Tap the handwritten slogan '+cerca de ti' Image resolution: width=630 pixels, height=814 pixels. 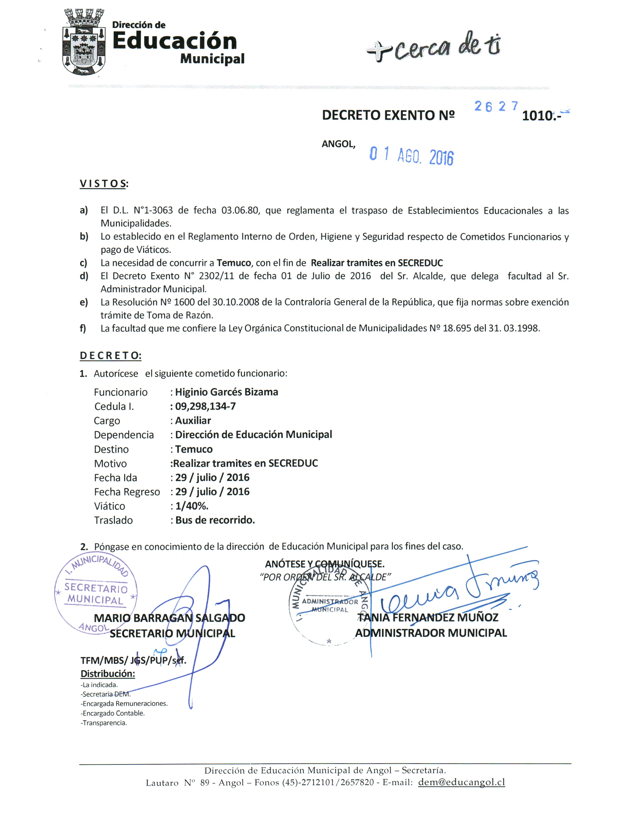point(434,48)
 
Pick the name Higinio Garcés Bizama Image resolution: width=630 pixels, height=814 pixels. point(226,392)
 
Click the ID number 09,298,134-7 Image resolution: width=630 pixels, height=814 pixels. point(205,406)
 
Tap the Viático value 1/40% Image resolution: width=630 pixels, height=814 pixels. point(192,506)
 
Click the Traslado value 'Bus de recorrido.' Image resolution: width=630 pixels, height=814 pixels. point(215,520)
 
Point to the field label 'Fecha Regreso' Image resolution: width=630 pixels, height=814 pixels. point(127,492)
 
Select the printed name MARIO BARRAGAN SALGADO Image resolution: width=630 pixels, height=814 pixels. point(169,618)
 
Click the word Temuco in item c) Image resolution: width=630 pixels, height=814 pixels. point(234,263)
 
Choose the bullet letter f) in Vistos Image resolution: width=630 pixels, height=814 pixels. point(83,328)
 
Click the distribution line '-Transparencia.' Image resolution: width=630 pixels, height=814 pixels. point(104,723)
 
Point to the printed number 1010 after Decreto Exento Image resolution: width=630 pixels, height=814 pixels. point(537,116)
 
